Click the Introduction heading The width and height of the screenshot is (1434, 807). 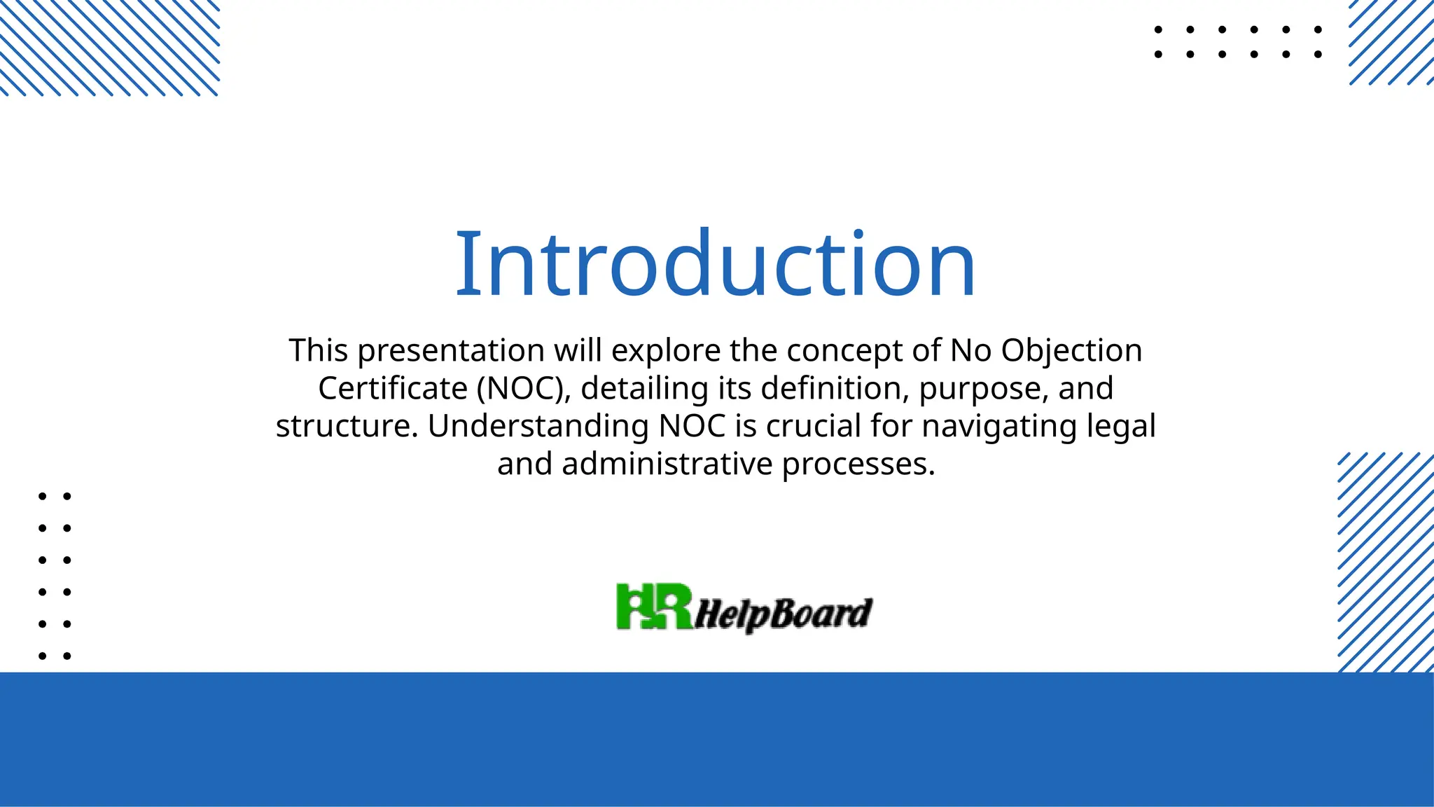coord(715,264)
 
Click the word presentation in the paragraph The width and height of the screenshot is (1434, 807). coord(452,351)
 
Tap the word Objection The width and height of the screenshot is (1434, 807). coord(1071,351)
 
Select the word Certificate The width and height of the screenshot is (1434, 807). coord(392,389)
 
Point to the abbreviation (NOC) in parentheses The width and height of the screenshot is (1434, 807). coord(524,389)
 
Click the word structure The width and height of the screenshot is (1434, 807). coord(347,427)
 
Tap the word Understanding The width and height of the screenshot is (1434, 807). coord(538,427)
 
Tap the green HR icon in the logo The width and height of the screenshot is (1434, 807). coord(654,607)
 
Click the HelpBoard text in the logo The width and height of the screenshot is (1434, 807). coord(783,614)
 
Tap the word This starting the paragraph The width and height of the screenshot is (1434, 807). coord(319,351)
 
